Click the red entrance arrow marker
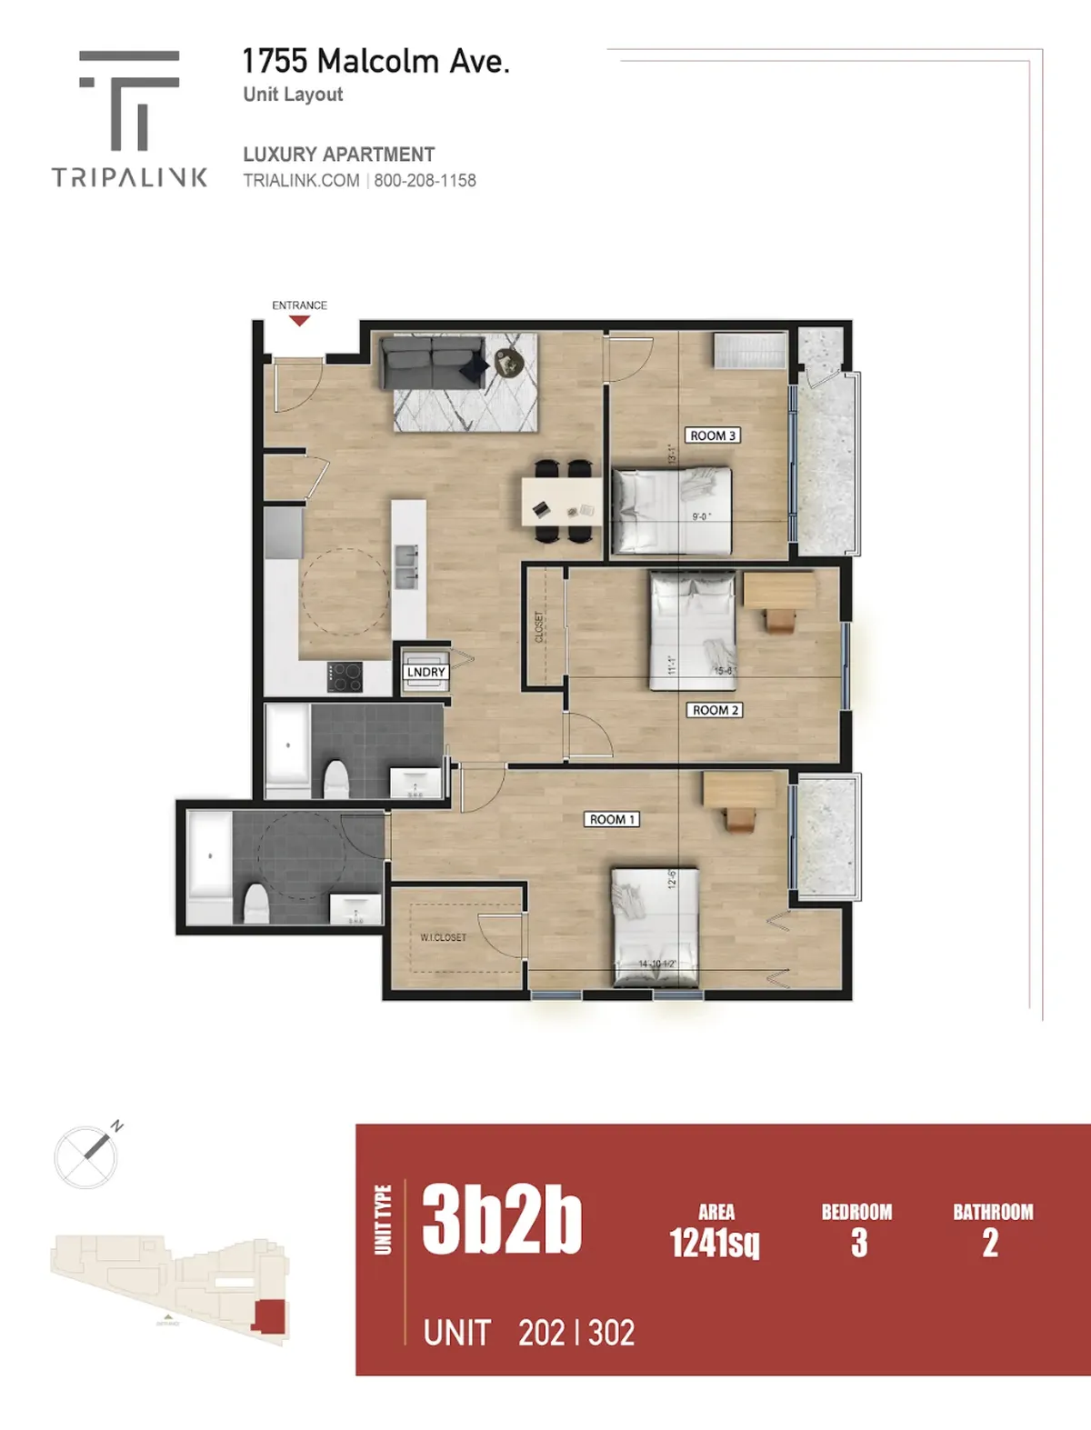coord(298,321)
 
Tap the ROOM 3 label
coord(712,435)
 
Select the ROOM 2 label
coord(715,710)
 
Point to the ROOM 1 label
coord(612,819)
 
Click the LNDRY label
coord(425,672)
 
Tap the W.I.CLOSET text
coord(443,937)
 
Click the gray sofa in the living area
coord(432,362)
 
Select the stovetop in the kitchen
coord(345,676)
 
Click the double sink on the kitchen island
coord(405,566)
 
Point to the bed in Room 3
coord(671,510)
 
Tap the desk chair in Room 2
coord(779,620)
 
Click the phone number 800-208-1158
coord(425,180)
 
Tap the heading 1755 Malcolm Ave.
coord(375,61)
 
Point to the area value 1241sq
coord(715,1242)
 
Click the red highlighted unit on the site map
coord(269,1316)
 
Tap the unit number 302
coord(612,1333)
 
